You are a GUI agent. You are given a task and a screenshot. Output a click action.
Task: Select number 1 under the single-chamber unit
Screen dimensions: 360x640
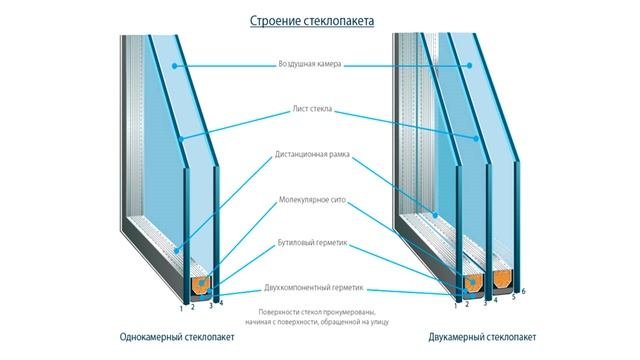point(181,307)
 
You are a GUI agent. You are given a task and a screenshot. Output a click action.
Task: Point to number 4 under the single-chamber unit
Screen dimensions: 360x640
point(221,300)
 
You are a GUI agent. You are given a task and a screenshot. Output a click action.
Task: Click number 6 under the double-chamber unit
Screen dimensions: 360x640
point(522,293)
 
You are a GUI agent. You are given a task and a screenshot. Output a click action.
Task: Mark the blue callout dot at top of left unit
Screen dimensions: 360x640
point(174,65)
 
